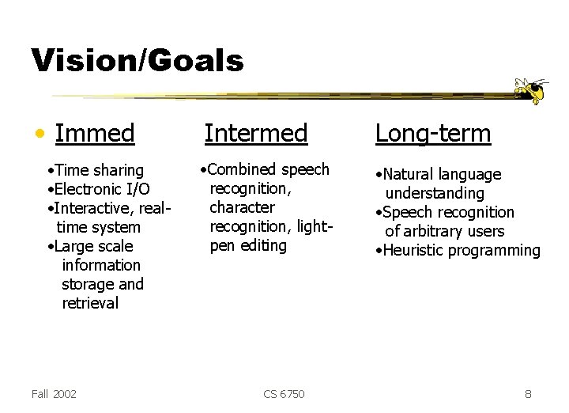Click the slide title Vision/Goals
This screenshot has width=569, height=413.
pos(137,60)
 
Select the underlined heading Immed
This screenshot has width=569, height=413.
pos(95,133)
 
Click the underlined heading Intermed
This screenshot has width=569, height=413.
pos(255,133)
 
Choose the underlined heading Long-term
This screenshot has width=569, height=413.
pos(433,133)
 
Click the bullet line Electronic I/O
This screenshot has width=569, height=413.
pos(101,189)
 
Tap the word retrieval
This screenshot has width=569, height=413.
pos(90,303)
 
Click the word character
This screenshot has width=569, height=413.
pos(242,207)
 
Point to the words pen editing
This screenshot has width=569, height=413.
pos(248,245)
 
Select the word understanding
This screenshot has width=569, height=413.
pos(435,193)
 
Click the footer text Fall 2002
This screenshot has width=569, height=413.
pos(55,393)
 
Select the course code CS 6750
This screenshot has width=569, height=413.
pos(284,393)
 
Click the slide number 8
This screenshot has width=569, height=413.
pos(528,393)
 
